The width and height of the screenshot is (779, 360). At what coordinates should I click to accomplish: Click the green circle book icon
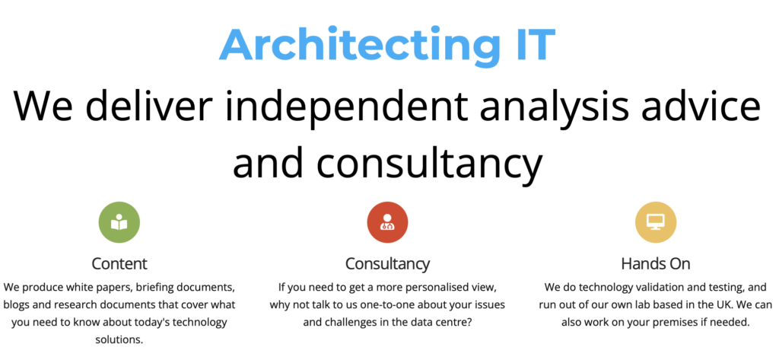coord(119,221)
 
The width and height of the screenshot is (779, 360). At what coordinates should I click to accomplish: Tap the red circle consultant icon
coord(387,221)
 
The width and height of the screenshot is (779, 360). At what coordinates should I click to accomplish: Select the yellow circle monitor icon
coord(656,221)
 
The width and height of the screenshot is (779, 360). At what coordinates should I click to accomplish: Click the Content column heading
coord(119,263)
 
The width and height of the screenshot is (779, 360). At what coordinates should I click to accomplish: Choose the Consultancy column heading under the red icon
coord(387,264)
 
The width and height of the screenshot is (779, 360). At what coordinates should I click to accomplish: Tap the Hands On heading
coord(656,263)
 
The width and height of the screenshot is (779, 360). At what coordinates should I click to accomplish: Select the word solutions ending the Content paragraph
coord(119,339)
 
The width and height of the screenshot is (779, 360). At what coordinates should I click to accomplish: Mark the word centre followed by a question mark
coord(450,322)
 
